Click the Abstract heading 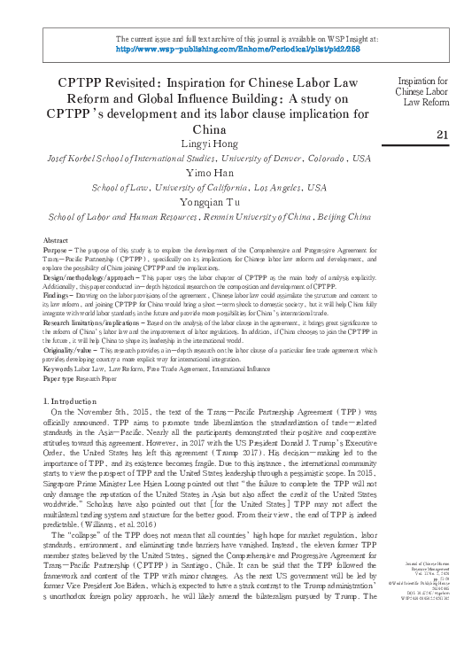(57, 241)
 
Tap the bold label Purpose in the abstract (58, 250)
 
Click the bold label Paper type (62, 379)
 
